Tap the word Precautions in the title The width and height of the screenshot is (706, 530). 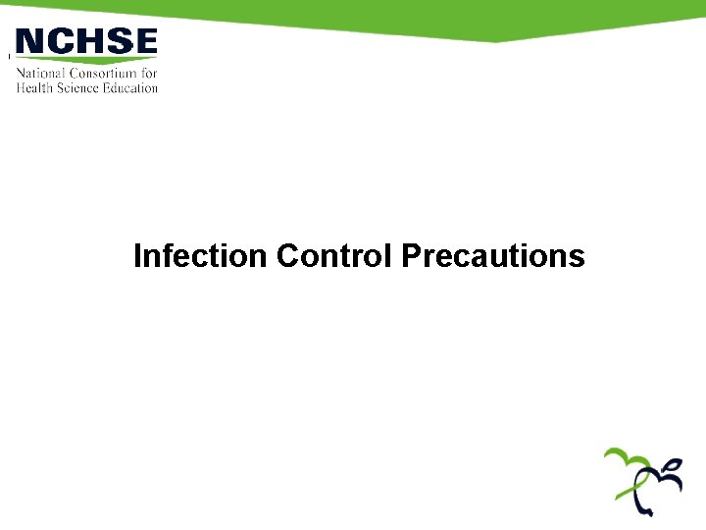493,256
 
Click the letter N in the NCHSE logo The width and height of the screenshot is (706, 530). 31,41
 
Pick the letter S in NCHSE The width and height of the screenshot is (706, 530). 116,41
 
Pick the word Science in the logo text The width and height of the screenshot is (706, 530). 80,87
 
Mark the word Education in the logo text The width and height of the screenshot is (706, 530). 131,87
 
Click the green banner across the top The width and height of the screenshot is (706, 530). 392,15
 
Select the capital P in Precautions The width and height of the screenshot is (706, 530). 411,256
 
